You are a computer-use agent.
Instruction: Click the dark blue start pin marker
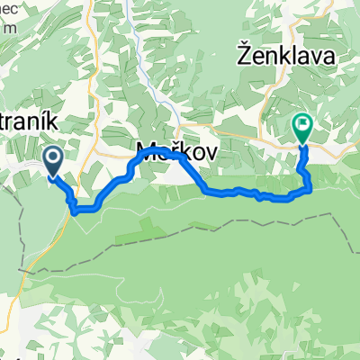point(52,161)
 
